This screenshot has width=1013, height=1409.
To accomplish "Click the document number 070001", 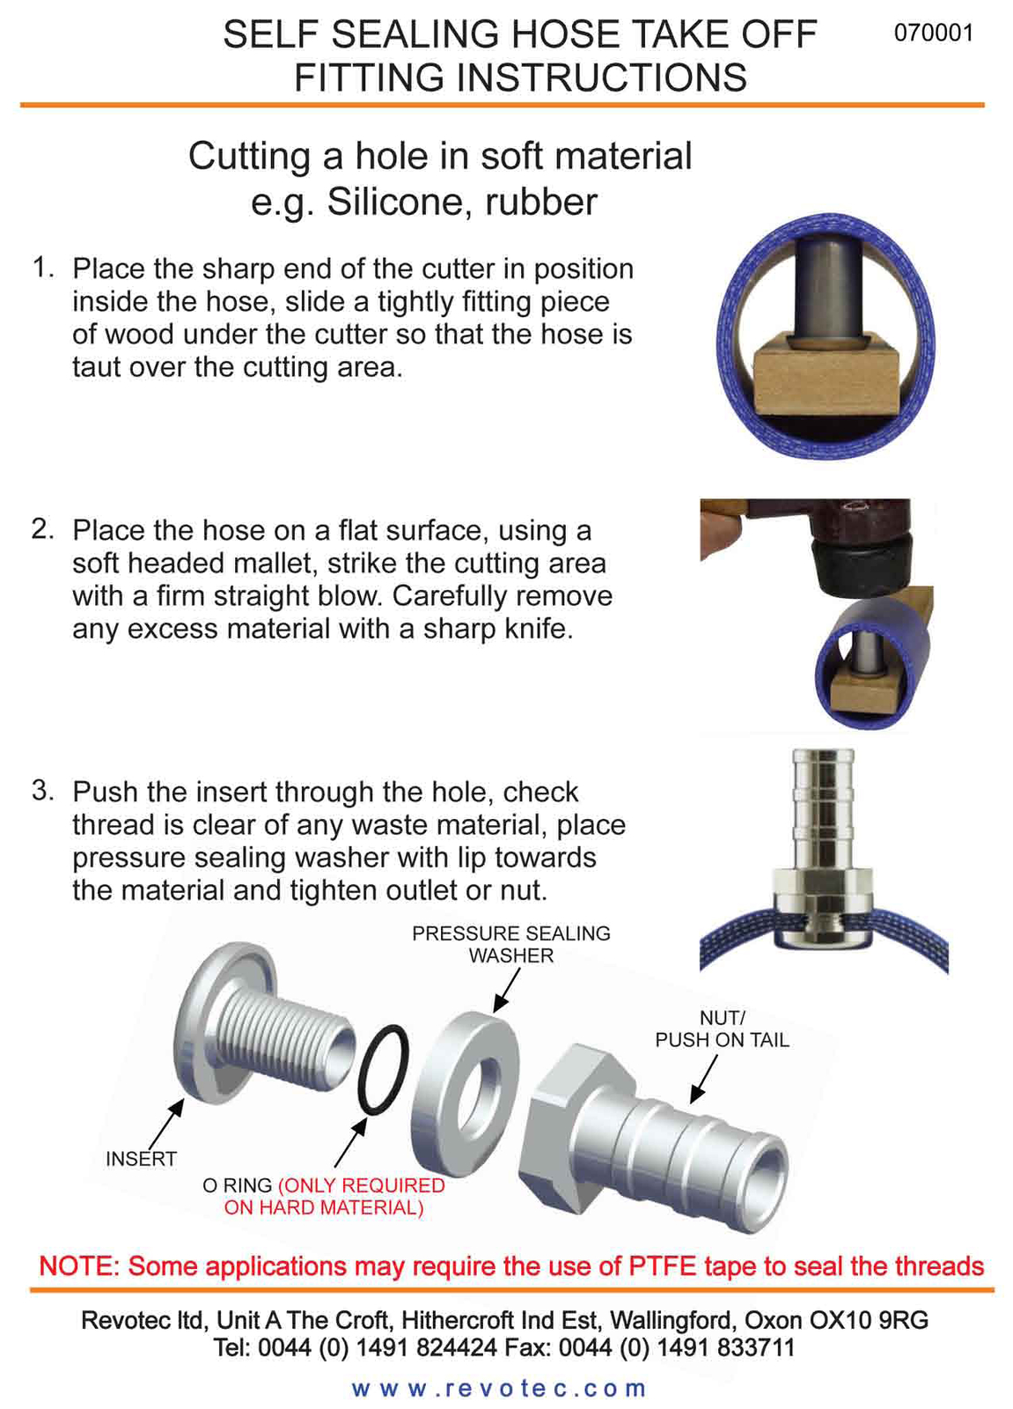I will click(x=933, y=33).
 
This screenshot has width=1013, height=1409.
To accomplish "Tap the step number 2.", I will click(x=42, y=529).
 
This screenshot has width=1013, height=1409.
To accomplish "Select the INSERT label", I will click(x=141, y=1159).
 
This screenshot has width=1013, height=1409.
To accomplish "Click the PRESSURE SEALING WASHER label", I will click(x=510, y=944).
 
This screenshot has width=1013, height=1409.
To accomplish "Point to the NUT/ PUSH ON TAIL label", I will click(x=722, y=1029).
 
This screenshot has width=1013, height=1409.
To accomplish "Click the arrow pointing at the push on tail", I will click(x=702, y=1079).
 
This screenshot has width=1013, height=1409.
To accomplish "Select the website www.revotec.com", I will click(x=499, y=1389).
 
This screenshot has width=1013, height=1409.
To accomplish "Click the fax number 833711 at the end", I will click(x=753, y=1348).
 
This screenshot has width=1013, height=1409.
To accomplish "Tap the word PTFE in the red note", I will click(x=662, y=1266).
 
